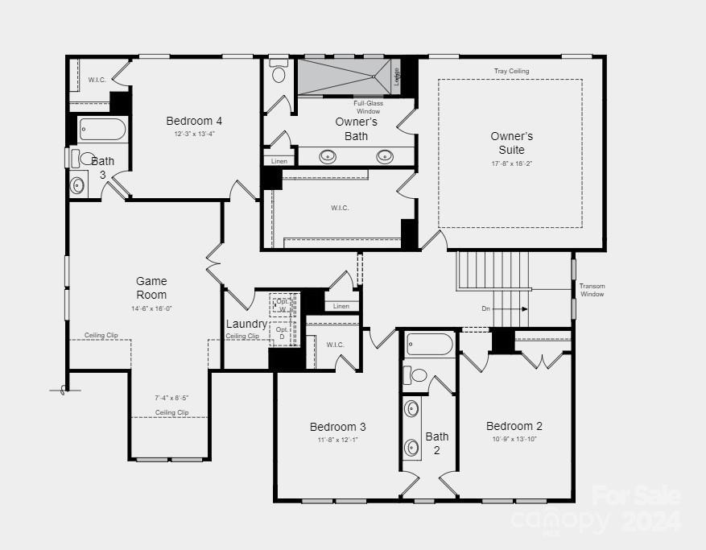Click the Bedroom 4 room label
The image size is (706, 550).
(194, 121)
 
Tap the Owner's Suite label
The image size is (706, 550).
(511, 143)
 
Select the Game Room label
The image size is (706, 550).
(151, 287)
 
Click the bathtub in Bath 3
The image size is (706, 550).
(103, 130)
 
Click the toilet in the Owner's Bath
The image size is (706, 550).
(279, 73)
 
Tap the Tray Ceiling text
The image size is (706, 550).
(511, 72)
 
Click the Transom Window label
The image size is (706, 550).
(592, 290)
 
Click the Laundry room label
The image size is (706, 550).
(246, 324)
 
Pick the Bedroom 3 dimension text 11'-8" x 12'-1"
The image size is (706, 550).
(338, 440)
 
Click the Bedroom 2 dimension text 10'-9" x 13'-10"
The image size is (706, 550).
(514, 439)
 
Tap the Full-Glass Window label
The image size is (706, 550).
(369, 107)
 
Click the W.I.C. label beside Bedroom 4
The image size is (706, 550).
(97, 80)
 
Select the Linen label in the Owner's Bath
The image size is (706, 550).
(279, 161)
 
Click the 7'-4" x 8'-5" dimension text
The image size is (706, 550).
(171, 398)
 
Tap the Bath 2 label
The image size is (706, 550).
(437, 443)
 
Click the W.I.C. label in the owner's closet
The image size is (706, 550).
(340, 208)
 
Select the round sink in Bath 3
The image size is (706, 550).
(78, 185)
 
